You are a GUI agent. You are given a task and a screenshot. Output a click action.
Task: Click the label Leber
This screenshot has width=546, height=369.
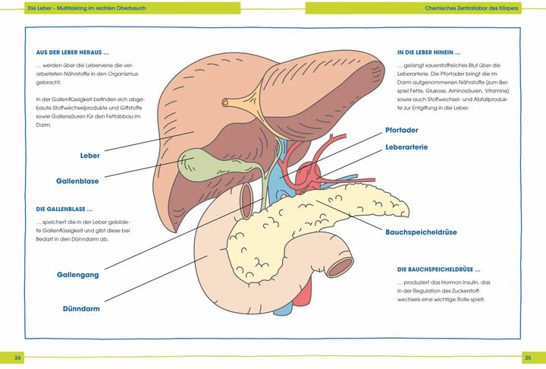(x=89, y=156)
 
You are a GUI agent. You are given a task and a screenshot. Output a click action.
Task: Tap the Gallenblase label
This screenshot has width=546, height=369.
(x=77, y=181)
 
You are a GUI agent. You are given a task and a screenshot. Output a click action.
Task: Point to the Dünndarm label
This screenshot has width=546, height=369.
(x=81, y=309)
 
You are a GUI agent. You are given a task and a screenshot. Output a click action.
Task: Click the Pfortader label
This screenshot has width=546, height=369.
(x=402, y=130)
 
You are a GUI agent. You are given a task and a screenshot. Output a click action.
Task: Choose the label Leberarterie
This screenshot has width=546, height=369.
(x=410, y=147)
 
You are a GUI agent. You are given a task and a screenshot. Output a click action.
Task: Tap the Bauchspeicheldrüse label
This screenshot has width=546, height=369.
(x=421, y=232)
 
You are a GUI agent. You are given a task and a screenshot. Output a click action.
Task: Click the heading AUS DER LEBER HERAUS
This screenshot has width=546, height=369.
(x=73, y=53)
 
